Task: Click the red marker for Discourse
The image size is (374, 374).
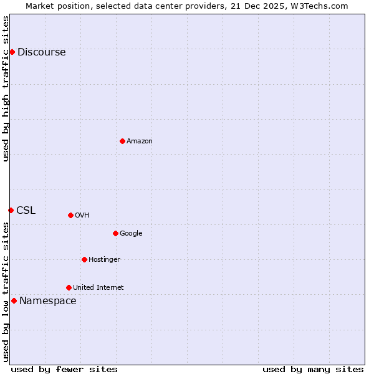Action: point(12,52)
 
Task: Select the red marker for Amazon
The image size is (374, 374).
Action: point(122,141)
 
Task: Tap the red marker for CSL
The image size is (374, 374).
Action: point(11,210)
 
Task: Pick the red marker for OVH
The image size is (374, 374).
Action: point(70,215)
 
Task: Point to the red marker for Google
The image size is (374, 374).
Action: point(115,233)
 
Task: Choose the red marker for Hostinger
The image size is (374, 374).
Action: point(84,259)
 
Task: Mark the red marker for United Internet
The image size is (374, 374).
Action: point(69,287)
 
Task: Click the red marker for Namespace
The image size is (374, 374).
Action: point(14,300)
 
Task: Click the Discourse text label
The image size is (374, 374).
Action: point(41,52)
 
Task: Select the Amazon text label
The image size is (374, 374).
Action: point(140,141)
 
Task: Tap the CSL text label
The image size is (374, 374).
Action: point(26,211)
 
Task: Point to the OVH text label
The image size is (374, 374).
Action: point(82,216)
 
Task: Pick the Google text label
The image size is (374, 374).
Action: point(131,234)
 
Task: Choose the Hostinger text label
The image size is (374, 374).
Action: point(104,260)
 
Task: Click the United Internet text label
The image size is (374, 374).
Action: point(98,288)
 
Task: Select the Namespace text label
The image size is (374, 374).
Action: point(48,301)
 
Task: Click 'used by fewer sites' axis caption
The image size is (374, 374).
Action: point(64,369)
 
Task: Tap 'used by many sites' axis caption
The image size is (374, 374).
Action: point(313,369)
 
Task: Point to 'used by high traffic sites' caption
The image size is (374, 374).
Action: point(6,89)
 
